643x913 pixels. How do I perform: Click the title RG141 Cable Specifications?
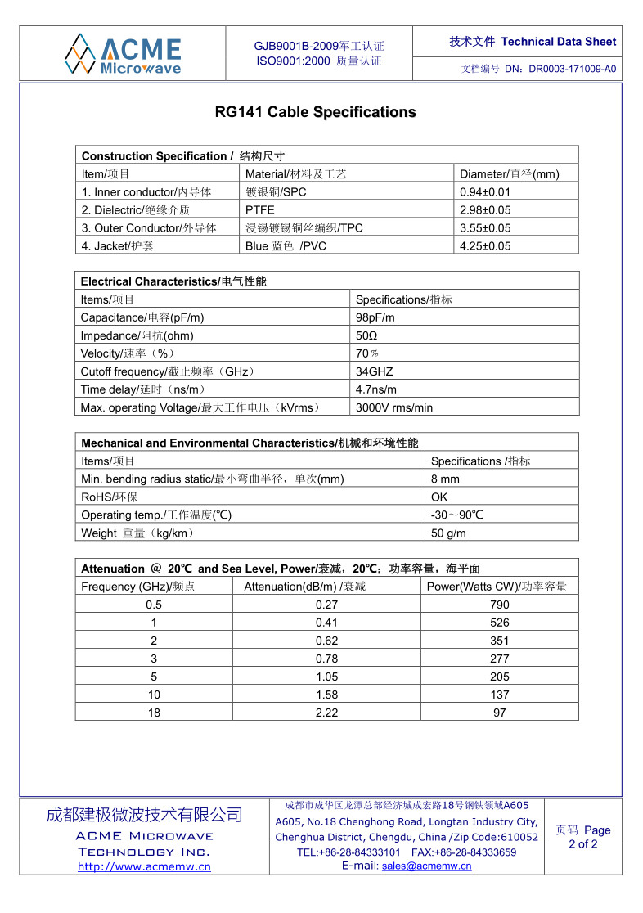tap(315, 112)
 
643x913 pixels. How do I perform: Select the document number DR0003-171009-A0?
tap(572, 70)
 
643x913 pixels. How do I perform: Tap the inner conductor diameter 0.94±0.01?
tap(485, 192)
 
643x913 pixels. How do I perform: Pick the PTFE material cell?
tap(260, 210)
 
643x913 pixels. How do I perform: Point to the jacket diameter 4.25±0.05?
tap(485, 246)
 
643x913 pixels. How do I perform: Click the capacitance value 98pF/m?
tap(375, 317)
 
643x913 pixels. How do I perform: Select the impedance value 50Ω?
tap(366, 335)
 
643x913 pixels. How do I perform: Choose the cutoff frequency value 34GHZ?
tap(374, 371)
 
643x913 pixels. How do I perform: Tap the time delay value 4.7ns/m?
tap(375, 389)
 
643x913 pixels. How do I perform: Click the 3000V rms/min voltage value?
tap(394, 407)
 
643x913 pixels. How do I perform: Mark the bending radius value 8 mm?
tap(445, 479)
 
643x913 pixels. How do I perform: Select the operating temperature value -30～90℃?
tap(457, 515)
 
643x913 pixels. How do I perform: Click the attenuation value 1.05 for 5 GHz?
tap(326, 677)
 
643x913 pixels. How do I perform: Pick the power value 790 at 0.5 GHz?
tap(500, 605)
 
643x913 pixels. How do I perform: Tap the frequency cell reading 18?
tap(154, 713)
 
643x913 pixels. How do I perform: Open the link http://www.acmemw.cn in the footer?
tap(144, 867)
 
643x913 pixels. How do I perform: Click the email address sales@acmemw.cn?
tap(426, 866)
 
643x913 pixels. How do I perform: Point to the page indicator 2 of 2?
tap(583, 844)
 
